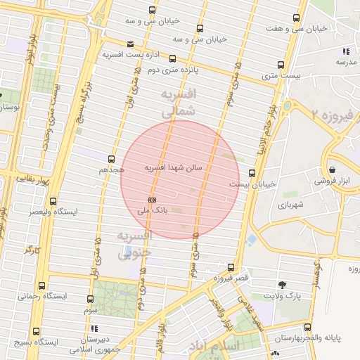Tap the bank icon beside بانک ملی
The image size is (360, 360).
pos(153,200)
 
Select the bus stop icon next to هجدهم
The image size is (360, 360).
pos(110,159)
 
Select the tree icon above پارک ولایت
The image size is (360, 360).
pos(282,285)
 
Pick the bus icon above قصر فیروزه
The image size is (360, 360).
pos(231,267)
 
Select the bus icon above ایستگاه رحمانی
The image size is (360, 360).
pos(42,285)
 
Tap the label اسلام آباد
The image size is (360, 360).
pos(214,346)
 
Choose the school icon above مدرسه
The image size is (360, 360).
pos(345,51)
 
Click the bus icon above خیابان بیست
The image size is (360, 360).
pos(252,173)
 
